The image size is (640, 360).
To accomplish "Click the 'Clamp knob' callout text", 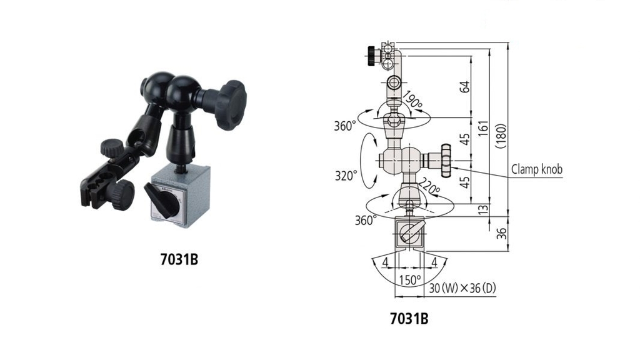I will pyautogui.click(x=537, y=169).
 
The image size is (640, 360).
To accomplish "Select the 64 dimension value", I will pyautogui.click(x=464, y=87).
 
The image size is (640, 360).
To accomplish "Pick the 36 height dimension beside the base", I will pyautogui.click(x=499, y=233).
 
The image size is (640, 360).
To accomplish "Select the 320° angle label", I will pyautogui.click(x=347, y=176).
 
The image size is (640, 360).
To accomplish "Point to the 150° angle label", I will pyautogui.click(x=410, y=279).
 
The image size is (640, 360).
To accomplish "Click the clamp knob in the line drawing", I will pyautogui.click(x=444, y=160).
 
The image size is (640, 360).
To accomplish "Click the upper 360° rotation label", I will pyautogui.click(x=345, y=126).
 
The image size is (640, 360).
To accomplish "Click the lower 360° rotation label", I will pyautogui.click(x=366, y=220).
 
